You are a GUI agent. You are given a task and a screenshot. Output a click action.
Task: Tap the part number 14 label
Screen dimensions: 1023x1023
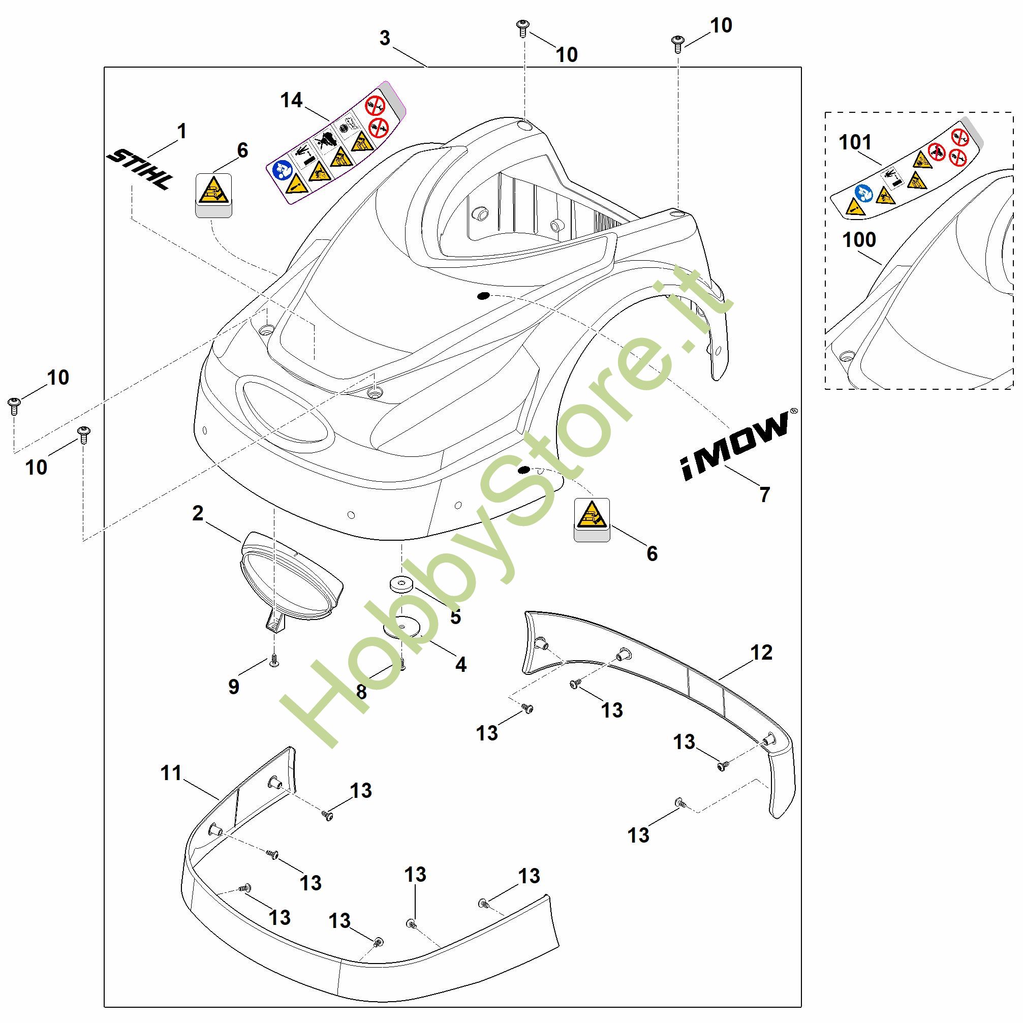pyautogui.click(x=291, y=100)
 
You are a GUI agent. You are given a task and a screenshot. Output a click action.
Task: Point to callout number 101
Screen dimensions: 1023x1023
pyautogui.click(x=855, y=142)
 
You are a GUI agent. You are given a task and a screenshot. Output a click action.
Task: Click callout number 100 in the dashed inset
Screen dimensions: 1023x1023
pyautogui.click(x=859, y=240)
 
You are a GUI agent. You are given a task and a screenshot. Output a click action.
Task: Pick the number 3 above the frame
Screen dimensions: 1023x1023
pyautogui.click(x=385, y=38)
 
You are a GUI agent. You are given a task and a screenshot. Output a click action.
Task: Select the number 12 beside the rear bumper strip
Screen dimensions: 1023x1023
pyautogui.click(x=761, y=653)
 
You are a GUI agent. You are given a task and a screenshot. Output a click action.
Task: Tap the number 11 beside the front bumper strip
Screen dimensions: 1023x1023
pyautogui.click(x=171, y=772)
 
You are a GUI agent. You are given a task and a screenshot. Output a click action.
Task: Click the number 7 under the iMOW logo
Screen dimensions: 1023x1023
pyautogui.click(x=764, y=494)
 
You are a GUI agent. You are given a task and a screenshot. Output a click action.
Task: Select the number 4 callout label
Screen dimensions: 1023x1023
pyautogui.click(x=460, y=665)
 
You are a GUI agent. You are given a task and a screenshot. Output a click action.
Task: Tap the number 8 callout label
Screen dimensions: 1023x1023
pyautogui.click(x=362, y=692)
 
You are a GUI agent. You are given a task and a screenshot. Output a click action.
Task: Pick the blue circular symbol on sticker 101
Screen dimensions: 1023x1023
pyautogui.click(x=863, y=193)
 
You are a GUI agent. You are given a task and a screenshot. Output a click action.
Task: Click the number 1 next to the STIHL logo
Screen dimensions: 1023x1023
pyautogui.click(x=181, y=131)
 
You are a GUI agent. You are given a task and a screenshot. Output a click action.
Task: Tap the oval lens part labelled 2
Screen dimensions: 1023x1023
pyautogui.click(x=291, y=577)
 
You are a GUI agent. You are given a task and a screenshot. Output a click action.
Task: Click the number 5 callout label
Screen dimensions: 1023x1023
pyautogui.click(x=455, y=617)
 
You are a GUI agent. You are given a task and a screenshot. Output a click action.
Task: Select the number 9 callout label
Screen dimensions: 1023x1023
pyautogui.click(x=233, y=686)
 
